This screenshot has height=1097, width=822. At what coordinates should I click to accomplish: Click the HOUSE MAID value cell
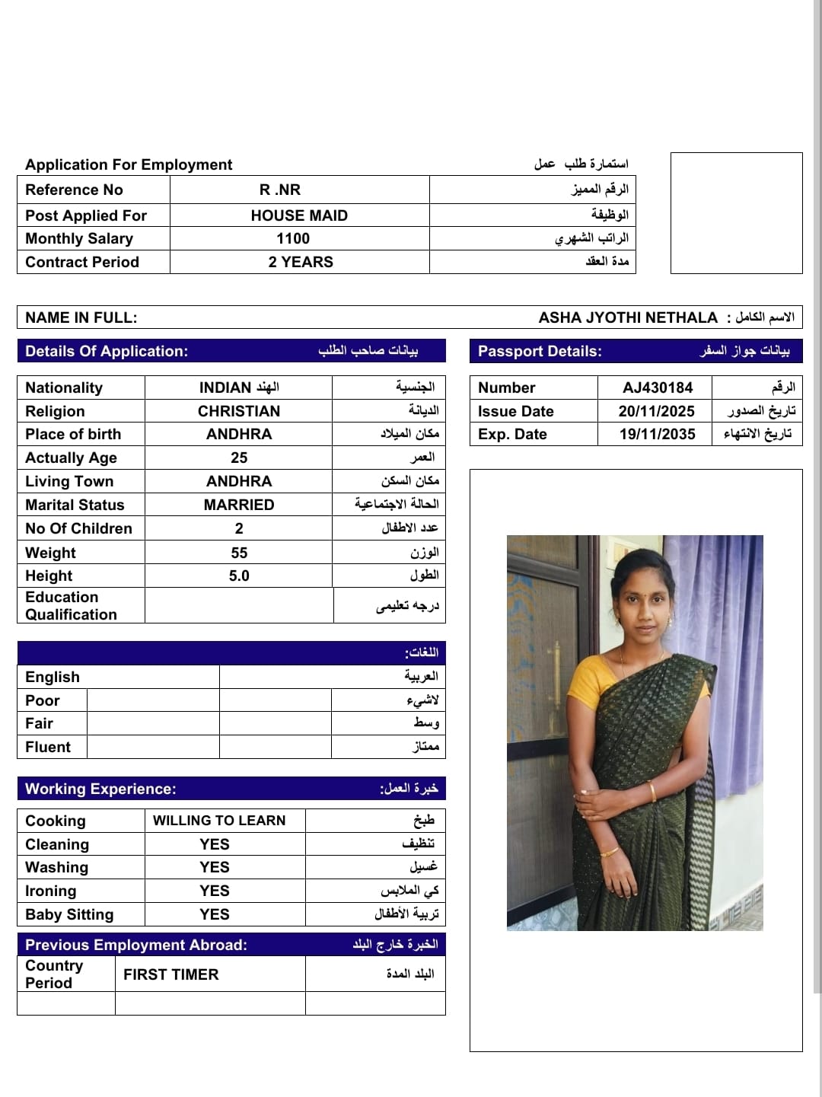(299, 215)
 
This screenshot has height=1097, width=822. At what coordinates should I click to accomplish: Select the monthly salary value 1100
(293, 238)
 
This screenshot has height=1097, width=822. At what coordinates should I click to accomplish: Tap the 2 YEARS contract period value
(301, 262)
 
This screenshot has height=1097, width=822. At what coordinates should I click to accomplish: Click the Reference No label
(74, 190)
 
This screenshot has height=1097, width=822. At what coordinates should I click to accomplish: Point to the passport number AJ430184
(658, 387)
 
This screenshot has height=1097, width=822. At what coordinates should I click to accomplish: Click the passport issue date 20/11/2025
(657, 411)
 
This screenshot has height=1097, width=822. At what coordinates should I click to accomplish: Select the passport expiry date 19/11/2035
(658, 434)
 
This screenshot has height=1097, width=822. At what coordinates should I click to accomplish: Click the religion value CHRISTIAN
(239, 411)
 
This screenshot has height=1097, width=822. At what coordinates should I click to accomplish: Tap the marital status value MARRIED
(239, 505)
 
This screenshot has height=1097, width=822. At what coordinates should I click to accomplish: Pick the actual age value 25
(239, 458)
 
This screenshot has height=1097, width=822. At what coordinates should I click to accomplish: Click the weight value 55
(239, 553)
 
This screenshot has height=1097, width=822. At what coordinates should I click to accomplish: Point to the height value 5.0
(239, 576)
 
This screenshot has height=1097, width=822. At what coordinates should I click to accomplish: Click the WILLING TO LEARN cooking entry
(219, 820)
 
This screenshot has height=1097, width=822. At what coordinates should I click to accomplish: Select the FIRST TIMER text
(171, 974)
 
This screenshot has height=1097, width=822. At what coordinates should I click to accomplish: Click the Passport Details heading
(540, 351)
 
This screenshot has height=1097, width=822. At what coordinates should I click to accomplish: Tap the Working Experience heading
(100, 789)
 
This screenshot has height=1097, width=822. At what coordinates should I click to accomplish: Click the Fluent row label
(48, 747)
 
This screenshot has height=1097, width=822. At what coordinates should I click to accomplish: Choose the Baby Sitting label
(69, 914)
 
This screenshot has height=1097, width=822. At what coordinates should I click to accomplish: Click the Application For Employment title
(129, 164)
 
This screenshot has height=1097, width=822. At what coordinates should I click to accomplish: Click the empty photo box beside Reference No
(736, 213)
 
